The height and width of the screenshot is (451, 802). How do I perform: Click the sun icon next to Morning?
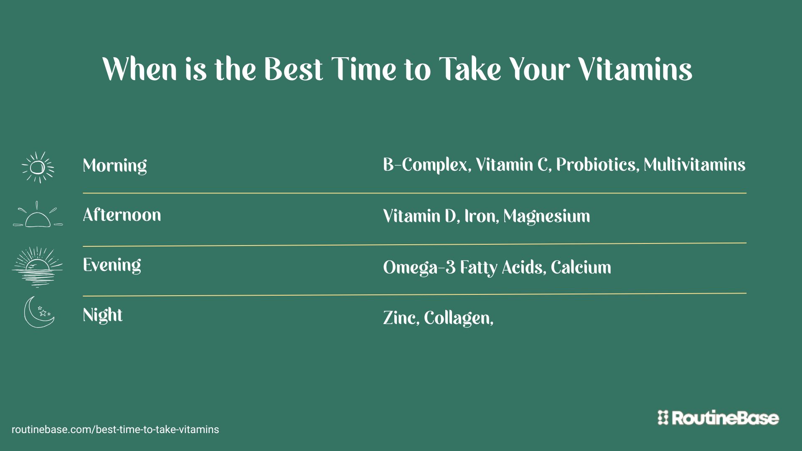[38, 167]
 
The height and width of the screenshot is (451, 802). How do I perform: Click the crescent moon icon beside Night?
[39, 312]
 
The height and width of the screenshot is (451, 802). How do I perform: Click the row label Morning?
[115, 166]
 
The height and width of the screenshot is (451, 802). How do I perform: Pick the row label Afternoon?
[122, 215]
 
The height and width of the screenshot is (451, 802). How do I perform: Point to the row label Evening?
[112, 265]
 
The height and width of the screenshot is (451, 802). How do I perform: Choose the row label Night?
[103, 315]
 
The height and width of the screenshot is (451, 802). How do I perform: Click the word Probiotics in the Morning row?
[597, 165]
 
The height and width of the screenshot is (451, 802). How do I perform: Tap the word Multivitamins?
[694, 165]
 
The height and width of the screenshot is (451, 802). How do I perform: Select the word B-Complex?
[427, 165]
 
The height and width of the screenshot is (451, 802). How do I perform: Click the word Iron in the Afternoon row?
[481, 216]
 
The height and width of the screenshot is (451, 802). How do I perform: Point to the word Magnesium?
[547, 216]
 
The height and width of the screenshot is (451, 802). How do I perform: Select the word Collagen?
[458, 319]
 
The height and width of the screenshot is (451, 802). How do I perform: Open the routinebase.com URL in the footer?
[115, 430]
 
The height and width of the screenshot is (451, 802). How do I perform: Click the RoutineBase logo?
[718, 418]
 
